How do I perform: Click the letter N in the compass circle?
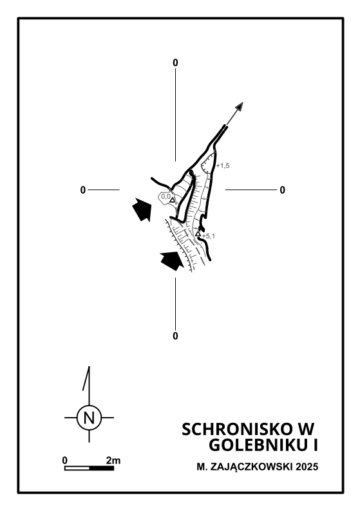(89, 418)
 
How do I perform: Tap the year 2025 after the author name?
(307, 467)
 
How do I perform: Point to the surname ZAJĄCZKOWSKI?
(252, 467)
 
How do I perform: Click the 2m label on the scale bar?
(113, 461)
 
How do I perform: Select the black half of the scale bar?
(102, 469)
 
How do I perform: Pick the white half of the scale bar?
(77, 469)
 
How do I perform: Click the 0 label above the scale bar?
(65, 461)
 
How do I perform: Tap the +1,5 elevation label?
(223, 165)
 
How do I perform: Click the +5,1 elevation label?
(209, 236)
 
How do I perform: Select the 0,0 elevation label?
(166, 196)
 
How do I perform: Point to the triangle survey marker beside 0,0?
(173, 200)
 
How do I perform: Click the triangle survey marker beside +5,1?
(198, 234)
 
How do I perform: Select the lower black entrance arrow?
(172, 261)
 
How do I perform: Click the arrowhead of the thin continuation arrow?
(240, 106)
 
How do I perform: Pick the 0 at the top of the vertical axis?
(175, 63)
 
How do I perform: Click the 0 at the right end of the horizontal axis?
(282, 190)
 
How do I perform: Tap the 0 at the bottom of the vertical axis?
(175, 336)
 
